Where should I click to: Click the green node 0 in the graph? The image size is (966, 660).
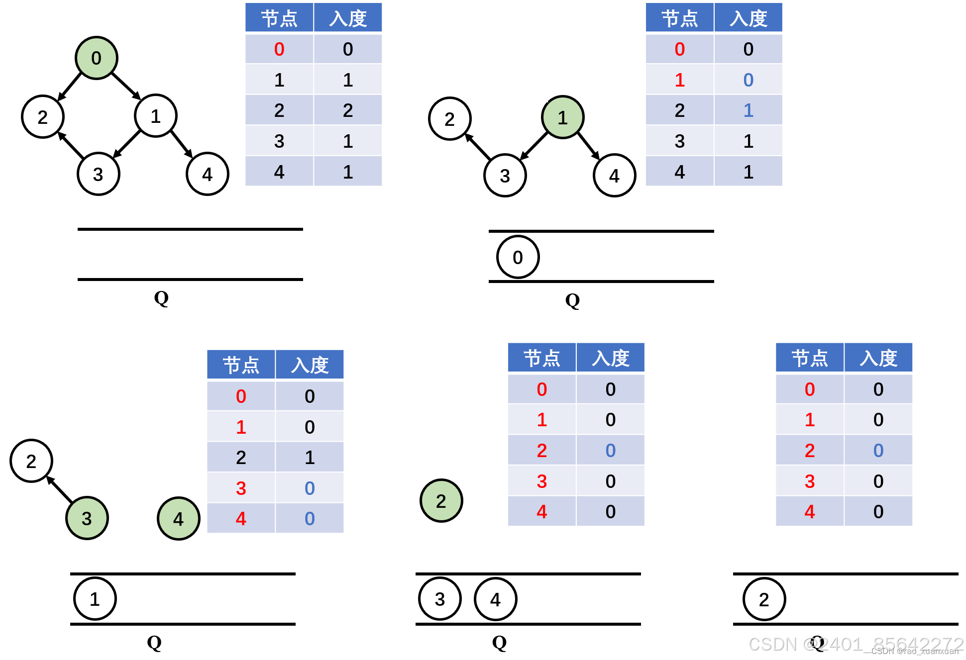click(x=97, y=58)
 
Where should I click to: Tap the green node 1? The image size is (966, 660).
click(x=562, y=118)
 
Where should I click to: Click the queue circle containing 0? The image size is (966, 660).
click(x=518, y=257)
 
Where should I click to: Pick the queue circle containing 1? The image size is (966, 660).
click(x=95, y=599)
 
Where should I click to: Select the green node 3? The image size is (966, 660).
click(x=87, y=518)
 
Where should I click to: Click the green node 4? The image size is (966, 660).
click(x=178, y=519)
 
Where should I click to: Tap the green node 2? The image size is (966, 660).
click(x=441, y=501)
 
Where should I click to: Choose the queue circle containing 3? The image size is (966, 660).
click(x=439, y=599)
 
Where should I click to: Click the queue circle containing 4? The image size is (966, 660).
click(x=495, y=599)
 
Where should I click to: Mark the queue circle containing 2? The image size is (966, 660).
click(x=764, y=599)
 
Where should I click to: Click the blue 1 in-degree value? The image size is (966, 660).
click(x=748, y=110)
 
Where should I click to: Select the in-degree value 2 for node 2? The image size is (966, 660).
click(x=348, y=110)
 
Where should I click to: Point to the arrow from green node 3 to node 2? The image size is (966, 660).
click(x=60, y=489)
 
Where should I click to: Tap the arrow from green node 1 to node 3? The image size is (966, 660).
click(x=534, y=146)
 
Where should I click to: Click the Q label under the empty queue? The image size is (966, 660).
click(x=161, y=298)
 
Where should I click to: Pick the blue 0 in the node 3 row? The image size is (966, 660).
click(x=310, y=488)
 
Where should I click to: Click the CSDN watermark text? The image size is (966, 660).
click(x=856, y=645)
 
